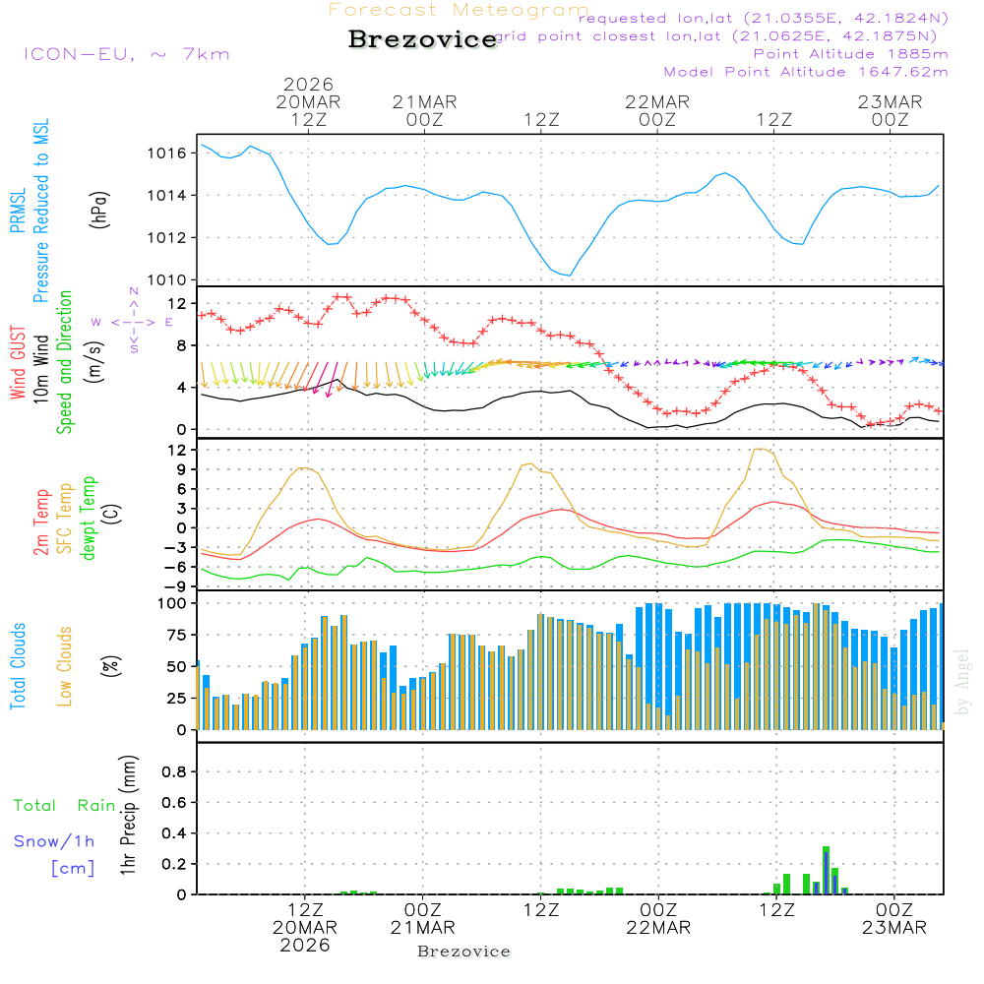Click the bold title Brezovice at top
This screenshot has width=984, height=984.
coord(422,39)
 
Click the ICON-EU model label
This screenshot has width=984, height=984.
coord(126,54)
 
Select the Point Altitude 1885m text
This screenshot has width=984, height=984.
coord(850,54)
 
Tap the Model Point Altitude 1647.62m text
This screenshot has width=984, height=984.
coord(805,72)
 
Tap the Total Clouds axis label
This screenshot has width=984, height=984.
coord(18,666)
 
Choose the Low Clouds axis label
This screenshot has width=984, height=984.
coord(65,666)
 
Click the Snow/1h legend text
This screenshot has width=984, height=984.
coord(54,841)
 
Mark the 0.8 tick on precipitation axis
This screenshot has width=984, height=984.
coord(174,772)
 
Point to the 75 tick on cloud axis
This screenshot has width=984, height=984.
coord(175,635)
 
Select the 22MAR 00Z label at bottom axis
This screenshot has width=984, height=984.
coord(657,918)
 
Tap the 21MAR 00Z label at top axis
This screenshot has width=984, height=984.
coord(425,109)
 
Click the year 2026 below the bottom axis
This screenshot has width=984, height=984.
coord(305,944)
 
